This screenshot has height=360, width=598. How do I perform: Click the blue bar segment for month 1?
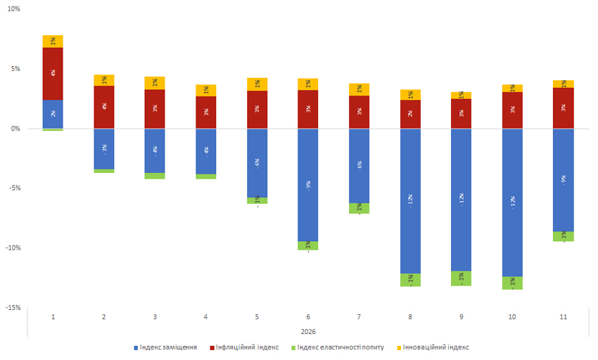tap(53, 114)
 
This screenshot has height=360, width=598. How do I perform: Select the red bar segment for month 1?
tap(53, 73)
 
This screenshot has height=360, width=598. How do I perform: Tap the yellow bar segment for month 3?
tap(155, 83)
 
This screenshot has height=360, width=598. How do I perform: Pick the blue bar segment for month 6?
tap(308, 185)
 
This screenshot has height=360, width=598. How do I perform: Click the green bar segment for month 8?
tap(410, 280)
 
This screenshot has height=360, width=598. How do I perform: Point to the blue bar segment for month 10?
tap(512, 202)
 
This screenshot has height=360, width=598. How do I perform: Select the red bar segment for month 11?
tap(563, 108)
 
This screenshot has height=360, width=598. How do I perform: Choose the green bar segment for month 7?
tap(359, 208)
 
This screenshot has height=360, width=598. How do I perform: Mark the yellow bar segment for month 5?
tap(257, 84)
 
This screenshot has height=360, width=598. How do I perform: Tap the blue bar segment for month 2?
tap(104, 149)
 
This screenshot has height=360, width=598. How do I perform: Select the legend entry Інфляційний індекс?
tap(248, 347)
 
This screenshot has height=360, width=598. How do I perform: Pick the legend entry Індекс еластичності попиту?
tap(340, 347)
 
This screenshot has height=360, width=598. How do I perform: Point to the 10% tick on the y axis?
tap(13, 10)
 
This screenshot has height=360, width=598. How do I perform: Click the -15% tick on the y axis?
tap(12, 307)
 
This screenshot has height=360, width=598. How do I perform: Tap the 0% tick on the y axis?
tap(15, 129)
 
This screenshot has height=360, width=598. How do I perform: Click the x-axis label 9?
tap(461, 317)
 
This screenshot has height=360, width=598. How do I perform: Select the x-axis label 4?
tap(206, 317)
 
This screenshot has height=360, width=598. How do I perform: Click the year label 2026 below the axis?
tap(308, 332)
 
